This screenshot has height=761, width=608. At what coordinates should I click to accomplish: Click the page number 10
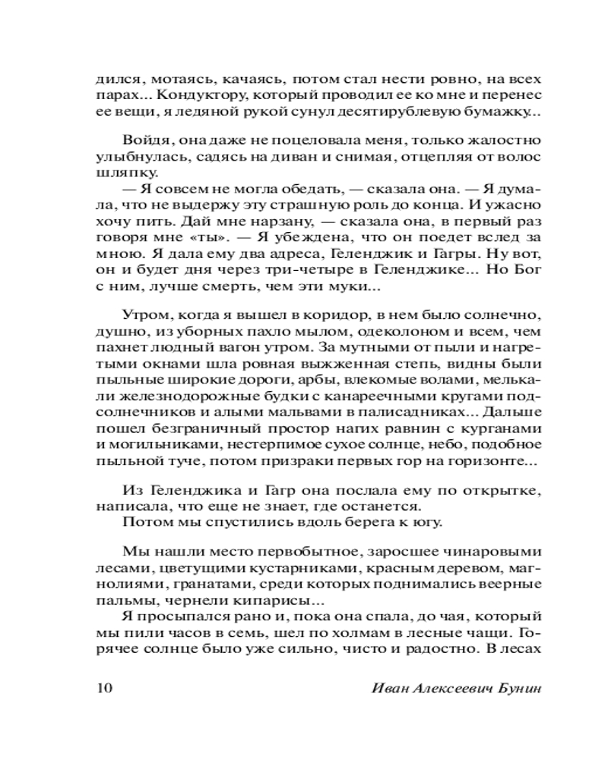pyautogui.click(x=105, y=688)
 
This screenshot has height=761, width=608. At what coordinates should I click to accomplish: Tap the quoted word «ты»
pyautogui.click(x=186, y=237)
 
